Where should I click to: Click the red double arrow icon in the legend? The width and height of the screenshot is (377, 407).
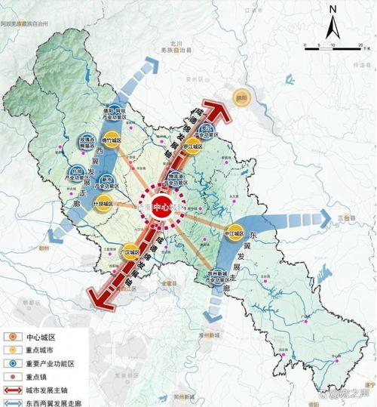pos(17,390)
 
